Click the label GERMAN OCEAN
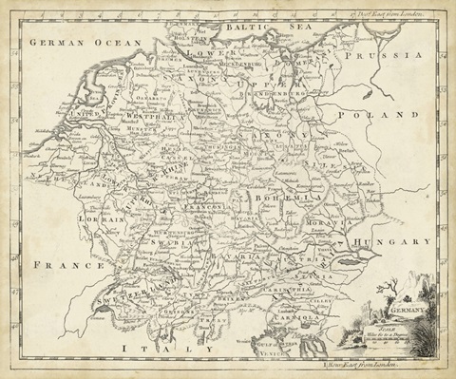84,44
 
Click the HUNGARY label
392,243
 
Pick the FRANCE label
60,267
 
